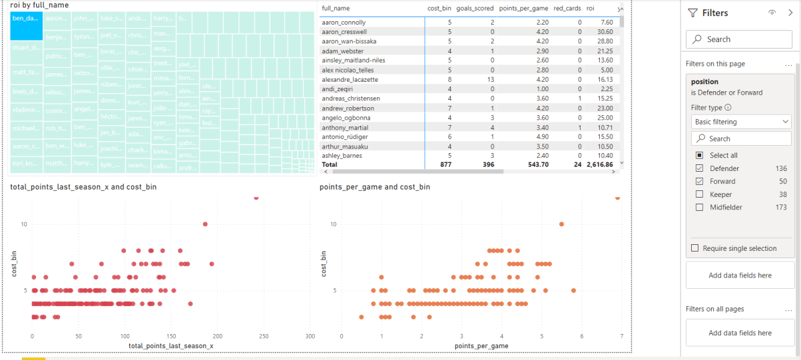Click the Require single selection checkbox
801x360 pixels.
(696, 248)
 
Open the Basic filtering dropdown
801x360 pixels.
(740, 122)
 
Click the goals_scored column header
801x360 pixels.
(475, 9)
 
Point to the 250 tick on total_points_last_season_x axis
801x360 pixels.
(264, 336)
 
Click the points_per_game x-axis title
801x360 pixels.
(481, 346)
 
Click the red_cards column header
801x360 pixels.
(567, 9)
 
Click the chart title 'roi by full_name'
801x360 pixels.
(39, 5)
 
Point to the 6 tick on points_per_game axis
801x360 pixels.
(581, 336)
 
